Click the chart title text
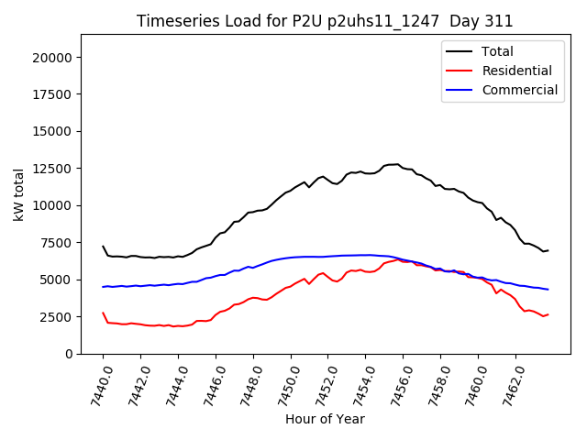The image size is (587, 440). [x=325, y=20]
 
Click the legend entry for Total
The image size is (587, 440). [x=497, y=51]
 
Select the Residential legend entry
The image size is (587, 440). [x=516, y=71]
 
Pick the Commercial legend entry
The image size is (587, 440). [x=519, y=90]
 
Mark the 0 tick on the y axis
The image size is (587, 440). [x=70, y=354]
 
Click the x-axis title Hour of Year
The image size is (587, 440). [x=325, y=419]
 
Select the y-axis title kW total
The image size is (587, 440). [x=18, y=193]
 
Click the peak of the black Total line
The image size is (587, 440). [x=397, y=164]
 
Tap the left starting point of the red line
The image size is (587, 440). [x=103, y=313]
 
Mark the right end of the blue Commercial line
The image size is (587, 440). [x=548, y=290]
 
